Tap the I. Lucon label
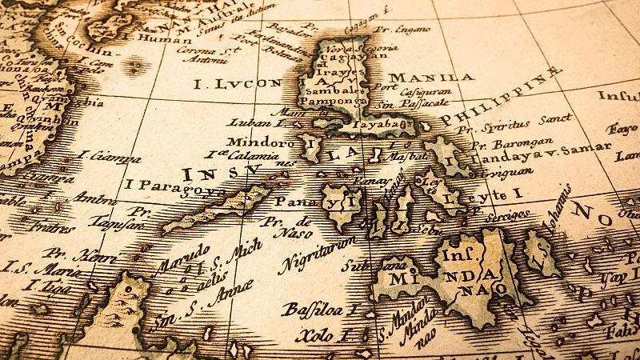[x=238, y=82]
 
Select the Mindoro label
[x=254, y=142]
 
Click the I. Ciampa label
[x=110, y=157]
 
